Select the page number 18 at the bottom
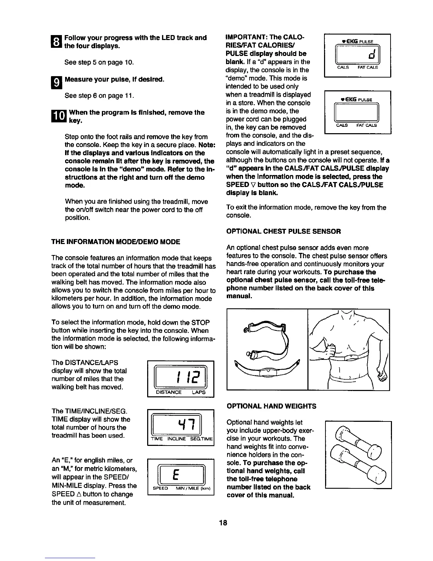(x=223, y=523)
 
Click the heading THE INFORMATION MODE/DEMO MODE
(x=116, y=242)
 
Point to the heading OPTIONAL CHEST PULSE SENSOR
(x=283, y=232)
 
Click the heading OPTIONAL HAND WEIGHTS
(x=271, y=406)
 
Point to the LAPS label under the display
(x=198, y=392)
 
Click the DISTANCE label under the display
(x=169, y=392)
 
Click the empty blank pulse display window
(x=357, y=113)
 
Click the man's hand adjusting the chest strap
(x=331, y=352)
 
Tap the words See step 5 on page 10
(x=99, y=63)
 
